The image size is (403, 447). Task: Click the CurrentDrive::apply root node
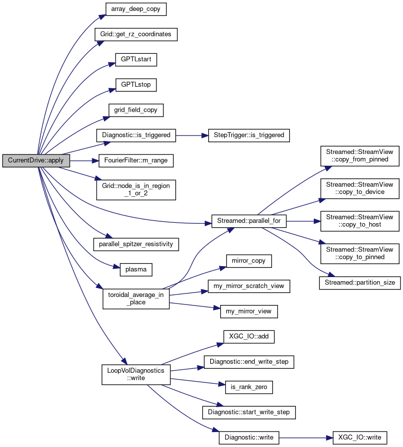pyautogui.click(x=36, y=160)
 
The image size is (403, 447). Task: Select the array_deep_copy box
pyautogui.click(x=135, y=9)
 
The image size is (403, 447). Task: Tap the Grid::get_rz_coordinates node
pyautogui.click(x=136, y=34)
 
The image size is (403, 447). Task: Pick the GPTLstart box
pyautogui.click(x=136, y=59)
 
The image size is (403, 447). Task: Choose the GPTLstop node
pyautogui.click(x=136, y=85)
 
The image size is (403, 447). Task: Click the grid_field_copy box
pyautogui.click(x=136, y=110)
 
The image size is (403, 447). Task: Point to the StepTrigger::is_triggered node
pyautogui.click(x=249, y=135)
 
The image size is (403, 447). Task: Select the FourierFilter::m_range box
pyautogui.click(x=136, y=160)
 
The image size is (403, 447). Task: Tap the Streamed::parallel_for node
pyautogui.click(x=249, y=221)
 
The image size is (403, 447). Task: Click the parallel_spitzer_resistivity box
pyautogui.click(x=136, y=244)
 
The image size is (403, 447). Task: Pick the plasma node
pyautogui.click(x=136, y=270)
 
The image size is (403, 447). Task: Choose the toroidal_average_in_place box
pyautogui.click(x=136, y=298)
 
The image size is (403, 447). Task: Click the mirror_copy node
pyautogui.click(x=249, y=260)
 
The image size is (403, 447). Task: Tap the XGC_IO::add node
pyautogui.click(x=249, y=336)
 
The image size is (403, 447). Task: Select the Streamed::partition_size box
pyautogui.click(x=360, y=283)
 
